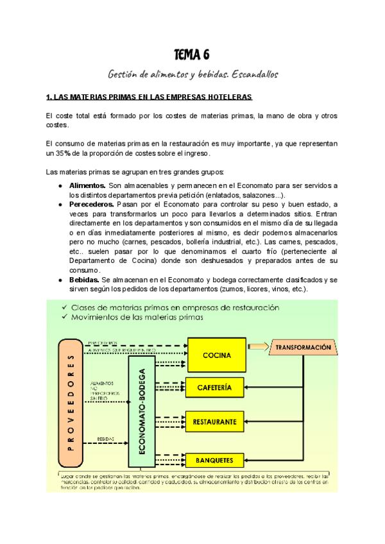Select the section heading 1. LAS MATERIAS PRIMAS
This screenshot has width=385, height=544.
pyautogui.click(x=150, y=98)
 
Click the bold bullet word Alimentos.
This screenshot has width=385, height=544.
pyautogui.click(x=87, y=185)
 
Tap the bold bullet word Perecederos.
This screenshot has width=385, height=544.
pyautogui.click(x=92, y=204)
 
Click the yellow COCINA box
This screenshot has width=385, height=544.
pyautogui.click(x=216, y=355)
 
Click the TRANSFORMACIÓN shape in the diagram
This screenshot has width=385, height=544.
pyautogui.click(x=305, y=348)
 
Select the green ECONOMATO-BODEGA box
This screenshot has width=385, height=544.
pyautogui.click(x=142, y=411)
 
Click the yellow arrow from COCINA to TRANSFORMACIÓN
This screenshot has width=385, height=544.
pyautogui.click(x=259, y=347)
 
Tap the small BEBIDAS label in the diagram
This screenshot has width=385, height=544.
pyautogui.click(x=106, y=440)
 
